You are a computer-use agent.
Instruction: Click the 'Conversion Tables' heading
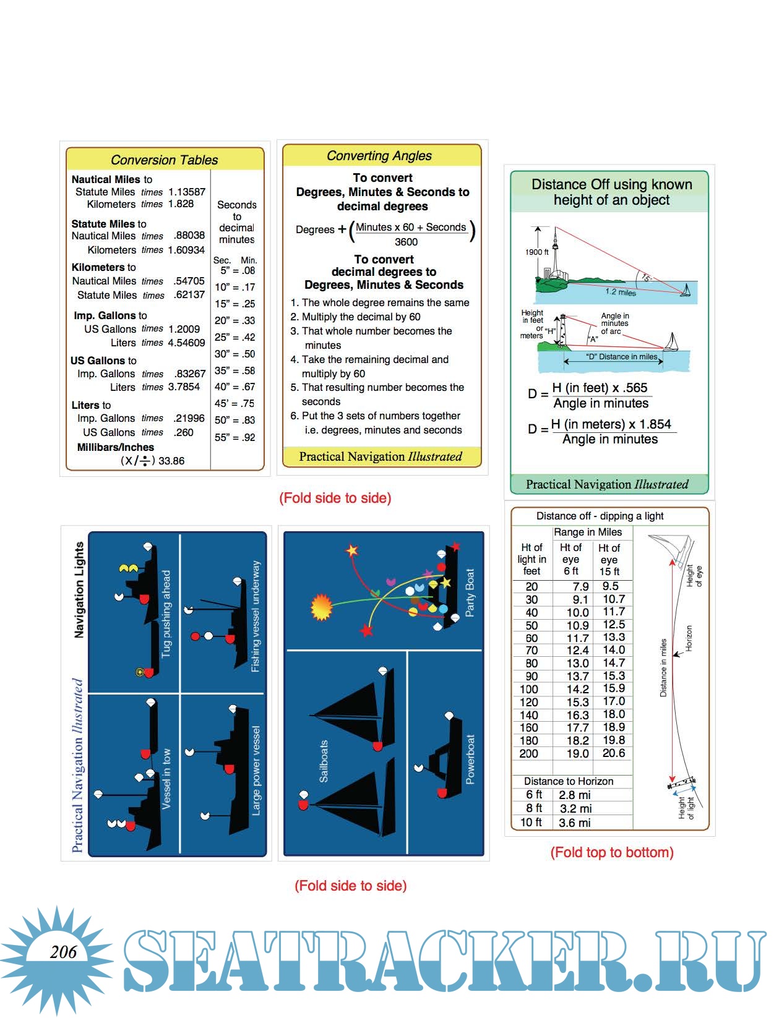(x=165, y=160)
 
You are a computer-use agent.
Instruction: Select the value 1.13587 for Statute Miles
(x=187, y=192)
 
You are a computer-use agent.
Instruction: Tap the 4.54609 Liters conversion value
(x=187, y=343)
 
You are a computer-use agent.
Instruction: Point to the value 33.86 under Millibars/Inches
(x=171, y=461)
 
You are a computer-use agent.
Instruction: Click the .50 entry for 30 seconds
(x=248, y=354)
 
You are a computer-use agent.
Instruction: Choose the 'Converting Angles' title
(x=379, y=156)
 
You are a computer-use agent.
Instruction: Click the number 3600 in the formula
(x=406, y=242)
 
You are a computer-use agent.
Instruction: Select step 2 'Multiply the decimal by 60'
(x=356, y=317)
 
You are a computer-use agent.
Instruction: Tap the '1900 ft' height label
(x=537, y=252)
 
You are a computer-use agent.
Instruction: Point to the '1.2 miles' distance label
(x=621, y=292)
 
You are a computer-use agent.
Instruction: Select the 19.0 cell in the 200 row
(x=578, y=753)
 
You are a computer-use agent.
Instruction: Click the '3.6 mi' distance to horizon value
(x=575, y=823)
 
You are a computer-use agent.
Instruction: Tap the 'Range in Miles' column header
(x=588, y=532)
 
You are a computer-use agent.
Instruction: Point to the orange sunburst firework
(x=322, y=607)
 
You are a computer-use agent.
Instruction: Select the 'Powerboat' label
(x=470, y=759)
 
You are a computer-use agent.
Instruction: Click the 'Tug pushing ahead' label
(x=166, y=614)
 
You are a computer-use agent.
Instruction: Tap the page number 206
(x=64, y=952)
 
